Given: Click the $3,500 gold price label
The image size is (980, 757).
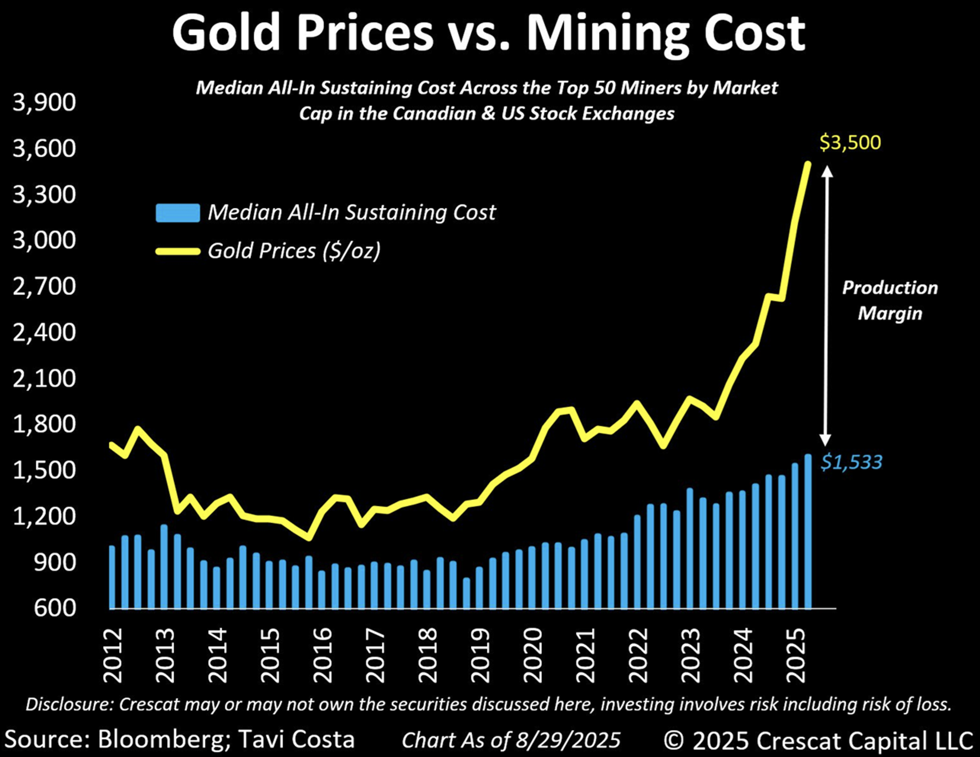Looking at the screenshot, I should (850, 143).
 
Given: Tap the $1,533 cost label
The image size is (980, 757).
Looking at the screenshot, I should (851, 462).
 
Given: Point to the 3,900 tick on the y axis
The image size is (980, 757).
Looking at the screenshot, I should (44, 103).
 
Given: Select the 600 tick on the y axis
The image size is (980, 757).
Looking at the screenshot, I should (55, 608).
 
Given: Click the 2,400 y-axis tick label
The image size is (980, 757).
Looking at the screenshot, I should (44, 332).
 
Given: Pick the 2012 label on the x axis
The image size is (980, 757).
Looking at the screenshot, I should (113, 655).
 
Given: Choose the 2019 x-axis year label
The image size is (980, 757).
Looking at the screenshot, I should (480, 655).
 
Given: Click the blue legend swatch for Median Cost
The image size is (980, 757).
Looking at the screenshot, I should (178, 213).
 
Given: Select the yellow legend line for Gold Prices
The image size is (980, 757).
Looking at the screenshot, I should (178, 251).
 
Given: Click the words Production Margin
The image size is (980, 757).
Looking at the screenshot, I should (890, 300).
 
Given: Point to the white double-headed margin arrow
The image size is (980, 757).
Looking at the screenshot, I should (826, 305).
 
